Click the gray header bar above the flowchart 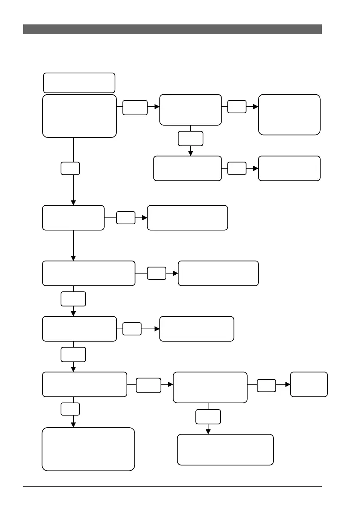pyautogui.click(x=172, y=29)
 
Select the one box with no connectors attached pyautogui.click(x=79, y=83)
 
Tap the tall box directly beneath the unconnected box pyautogui.click(x=80, y=116)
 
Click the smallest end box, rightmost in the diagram pyautogui.click(x=309, y=384)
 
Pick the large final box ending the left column pyautogui.click(x=88, y=449)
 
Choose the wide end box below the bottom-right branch pyautogui.click(x=225, y=450)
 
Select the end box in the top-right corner pyautogui.click(x=289, y=114)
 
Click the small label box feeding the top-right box pyautogui.click(x=237, y=107)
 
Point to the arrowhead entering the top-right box pyautogui.click(x=256, y=107)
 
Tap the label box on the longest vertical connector pyautogui.click(x=70, y=168)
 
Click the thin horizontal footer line pyautogui.click(x=172, y=486)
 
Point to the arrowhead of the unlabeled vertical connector pyautogui.click(x=73, y=258)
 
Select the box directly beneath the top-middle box pyautogui.click(x=188, y=168)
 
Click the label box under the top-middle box pyautogui.click(x=191, y=138)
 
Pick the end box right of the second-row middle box pyautogui.click(x=289, y=168)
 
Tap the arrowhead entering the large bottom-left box pyautogui.click(x=73, y=424)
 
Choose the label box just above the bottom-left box pyautogui.click(x=70, y=408)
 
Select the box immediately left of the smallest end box pyautogui.click(x=210, y=387)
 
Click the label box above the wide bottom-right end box pyautogui.click(x=208, y=417)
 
